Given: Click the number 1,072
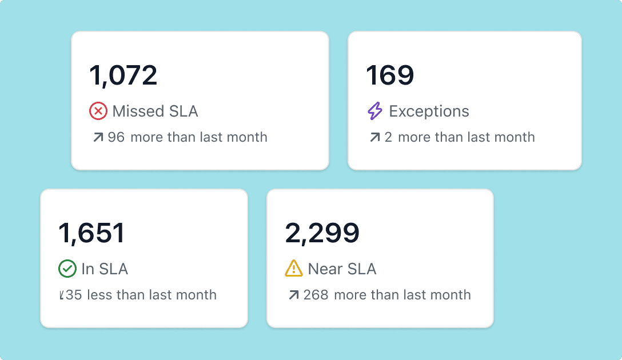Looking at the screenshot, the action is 123,75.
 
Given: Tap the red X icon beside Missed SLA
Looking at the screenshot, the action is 98,111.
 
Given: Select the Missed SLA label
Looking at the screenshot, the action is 155,111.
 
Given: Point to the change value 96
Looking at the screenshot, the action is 116,137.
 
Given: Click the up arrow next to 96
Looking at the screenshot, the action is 98,137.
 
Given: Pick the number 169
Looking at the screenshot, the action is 390,75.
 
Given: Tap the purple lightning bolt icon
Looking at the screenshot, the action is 375,111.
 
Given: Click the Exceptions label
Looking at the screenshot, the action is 429,111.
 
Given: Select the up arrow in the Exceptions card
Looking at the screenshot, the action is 375,137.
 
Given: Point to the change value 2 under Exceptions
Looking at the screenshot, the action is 388,137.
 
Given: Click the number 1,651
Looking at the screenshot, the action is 91,233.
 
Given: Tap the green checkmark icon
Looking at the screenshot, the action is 67,269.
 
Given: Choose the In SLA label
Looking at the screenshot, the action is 105,269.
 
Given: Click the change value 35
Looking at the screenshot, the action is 74,295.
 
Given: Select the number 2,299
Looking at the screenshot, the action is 322,233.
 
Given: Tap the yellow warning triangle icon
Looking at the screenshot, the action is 294,269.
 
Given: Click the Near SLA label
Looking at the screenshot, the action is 342,269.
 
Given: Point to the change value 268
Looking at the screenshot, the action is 316,295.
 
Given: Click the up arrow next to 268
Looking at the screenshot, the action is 294,295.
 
